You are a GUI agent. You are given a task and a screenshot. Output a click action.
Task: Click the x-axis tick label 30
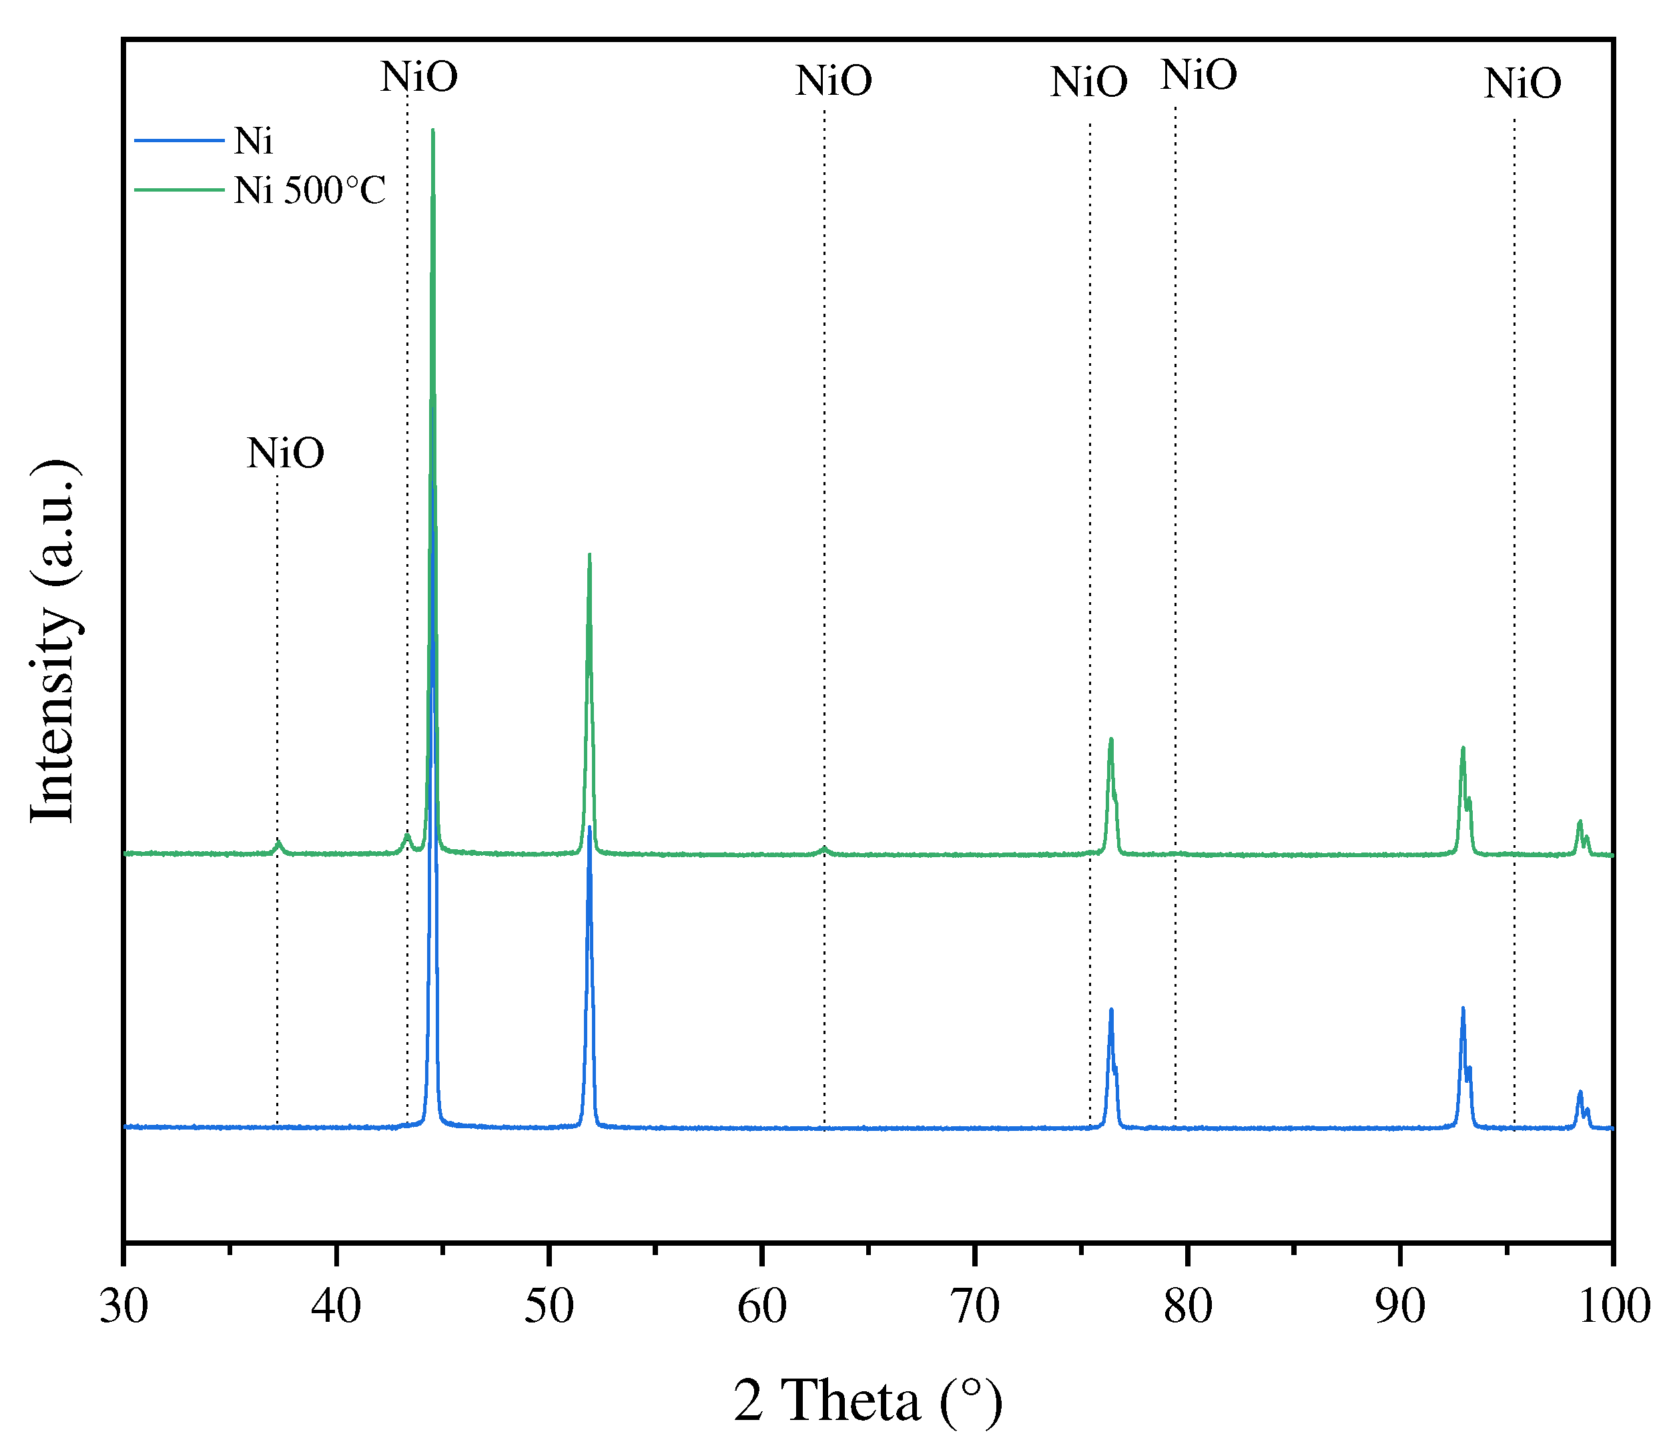click(124, 1308)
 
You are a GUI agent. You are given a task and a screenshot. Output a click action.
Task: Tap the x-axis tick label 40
click(336, 1308)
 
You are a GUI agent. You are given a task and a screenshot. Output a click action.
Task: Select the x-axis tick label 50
click(549, 1308)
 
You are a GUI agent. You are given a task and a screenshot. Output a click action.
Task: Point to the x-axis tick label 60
click(761, 1308)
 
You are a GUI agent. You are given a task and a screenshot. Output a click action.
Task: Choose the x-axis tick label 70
click(974, 1308)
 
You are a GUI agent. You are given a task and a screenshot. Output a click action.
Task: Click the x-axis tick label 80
click(1187, 1308)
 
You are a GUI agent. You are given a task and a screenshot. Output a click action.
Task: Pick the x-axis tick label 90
click(1400, 1308)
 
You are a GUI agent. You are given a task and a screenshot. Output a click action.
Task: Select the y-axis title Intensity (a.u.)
click(53, 642)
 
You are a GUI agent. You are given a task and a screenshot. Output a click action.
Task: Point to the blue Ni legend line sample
click(179, 141)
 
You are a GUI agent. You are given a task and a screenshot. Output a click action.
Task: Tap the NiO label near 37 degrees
click(286, 453)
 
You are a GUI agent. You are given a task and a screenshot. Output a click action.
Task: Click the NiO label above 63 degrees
click(833, 81)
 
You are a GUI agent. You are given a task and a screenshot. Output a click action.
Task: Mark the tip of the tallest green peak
click(433, 130)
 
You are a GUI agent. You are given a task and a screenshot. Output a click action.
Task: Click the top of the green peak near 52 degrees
click(589, 555)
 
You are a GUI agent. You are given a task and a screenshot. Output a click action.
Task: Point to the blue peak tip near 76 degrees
click(1111, 1009)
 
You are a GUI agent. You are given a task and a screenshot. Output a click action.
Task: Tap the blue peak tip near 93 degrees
click(1463, 1008)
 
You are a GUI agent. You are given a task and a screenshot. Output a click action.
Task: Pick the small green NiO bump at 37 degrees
click(278, 843)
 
